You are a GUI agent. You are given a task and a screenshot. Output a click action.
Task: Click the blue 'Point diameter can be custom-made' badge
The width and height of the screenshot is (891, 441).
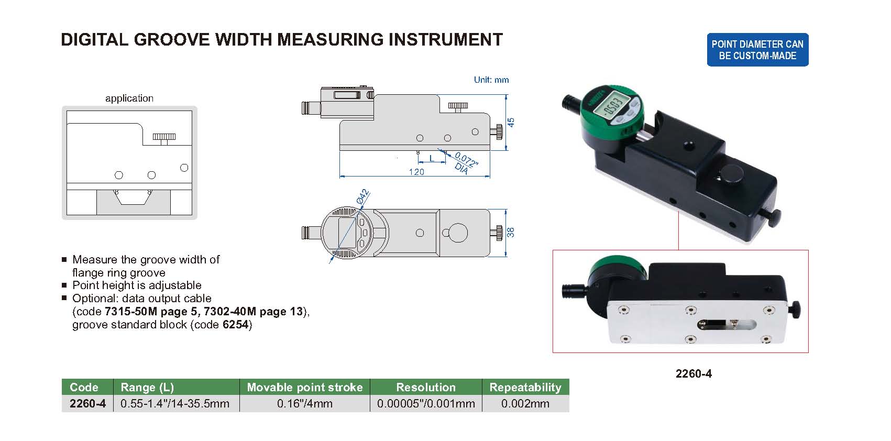click(757, 50)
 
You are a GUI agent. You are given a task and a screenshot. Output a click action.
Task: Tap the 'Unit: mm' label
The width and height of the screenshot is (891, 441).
click(491, 80)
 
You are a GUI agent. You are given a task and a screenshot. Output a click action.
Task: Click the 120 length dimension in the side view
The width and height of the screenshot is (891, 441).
click(416, 172)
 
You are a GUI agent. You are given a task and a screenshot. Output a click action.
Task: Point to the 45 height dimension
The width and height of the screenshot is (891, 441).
click(511, 122)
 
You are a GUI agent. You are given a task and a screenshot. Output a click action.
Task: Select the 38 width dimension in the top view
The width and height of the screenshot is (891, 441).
click(511, 232)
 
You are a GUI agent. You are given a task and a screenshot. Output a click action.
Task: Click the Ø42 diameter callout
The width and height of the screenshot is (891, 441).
click(363, 197)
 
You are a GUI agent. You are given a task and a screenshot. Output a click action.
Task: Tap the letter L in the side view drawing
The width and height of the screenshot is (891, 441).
click(432, 158)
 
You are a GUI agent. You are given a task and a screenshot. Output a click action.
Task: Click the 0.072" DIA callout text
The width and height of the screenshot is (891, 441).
click(465, 163)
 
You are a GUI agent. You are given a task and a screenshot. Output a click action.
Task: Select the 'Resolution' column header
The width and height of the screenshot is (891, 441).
click(426, 387)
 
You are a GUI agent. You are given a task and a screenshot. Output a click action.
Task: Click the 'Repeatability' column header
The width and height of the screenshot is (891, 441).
click(525, 387)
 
